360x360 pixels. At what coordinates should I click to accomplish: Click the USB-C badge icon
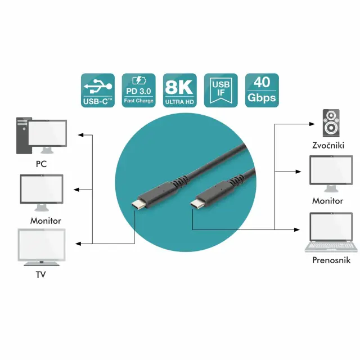click(97, 91)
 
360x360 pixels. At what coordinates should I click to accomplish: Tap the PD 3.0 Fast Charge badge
click(138, 91)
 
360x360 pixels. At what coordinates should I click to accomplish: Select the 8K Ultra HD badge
click(179, 91)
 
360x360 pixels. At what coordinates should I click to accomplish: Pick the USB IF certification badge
click(220, 91)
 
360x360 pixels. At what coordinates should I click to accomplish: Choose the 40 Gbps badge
click(262, 91)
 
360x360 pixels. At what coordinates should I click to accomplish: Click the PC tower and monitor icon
click(41, 136)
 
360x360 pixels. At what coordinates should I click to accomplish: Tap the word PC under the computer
click(40, 164)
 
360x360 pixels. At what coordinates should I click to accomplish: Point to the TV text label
click(40, 275)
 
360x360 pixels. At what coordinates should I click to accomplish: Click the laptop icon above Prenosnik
click(331, 232)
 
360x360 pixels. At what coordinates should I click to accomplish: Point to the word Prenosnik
click(331, 260)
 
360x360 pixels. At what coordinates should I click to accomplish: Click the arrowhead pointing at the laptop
click(299, 228)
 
